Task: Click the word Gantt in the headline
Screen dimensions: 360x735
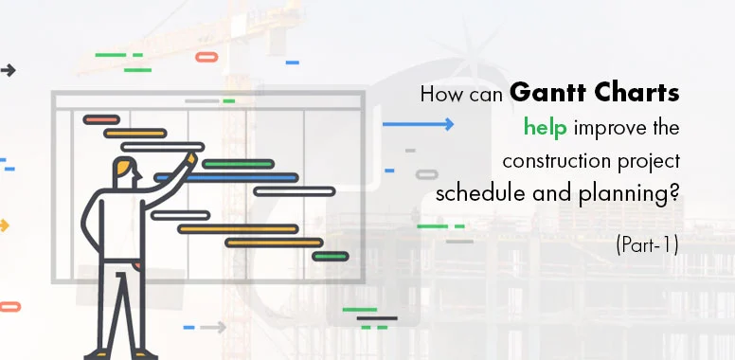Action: click(547, 94)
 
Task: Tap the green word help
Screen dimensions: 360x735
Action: click(544, 126)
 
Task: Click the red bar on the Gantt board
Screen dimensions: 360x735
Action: click(101, 120)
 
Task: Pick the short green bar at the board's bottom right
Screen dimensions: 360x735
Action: click(331, 256)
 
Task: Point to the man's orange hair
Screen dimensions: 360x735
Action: click(125, 169)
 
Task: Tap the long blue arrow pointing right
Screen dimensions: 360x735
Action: click(418, 124)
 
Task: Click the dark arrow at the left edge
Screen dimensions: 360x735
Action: click(8, 70)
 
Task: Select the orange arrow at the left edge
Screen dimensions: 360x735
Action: click(5, 225)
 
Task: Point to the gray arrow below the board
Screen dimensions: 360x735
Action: click(213, 327)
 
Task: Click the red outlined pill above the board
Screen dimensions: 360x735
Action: click(206, 57)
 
